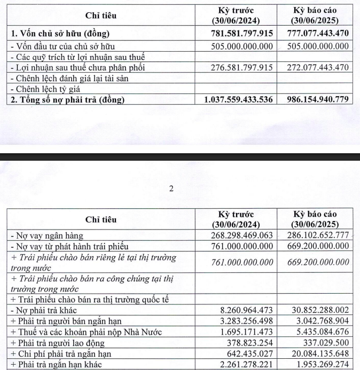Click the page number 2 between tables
pos(171,188)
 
